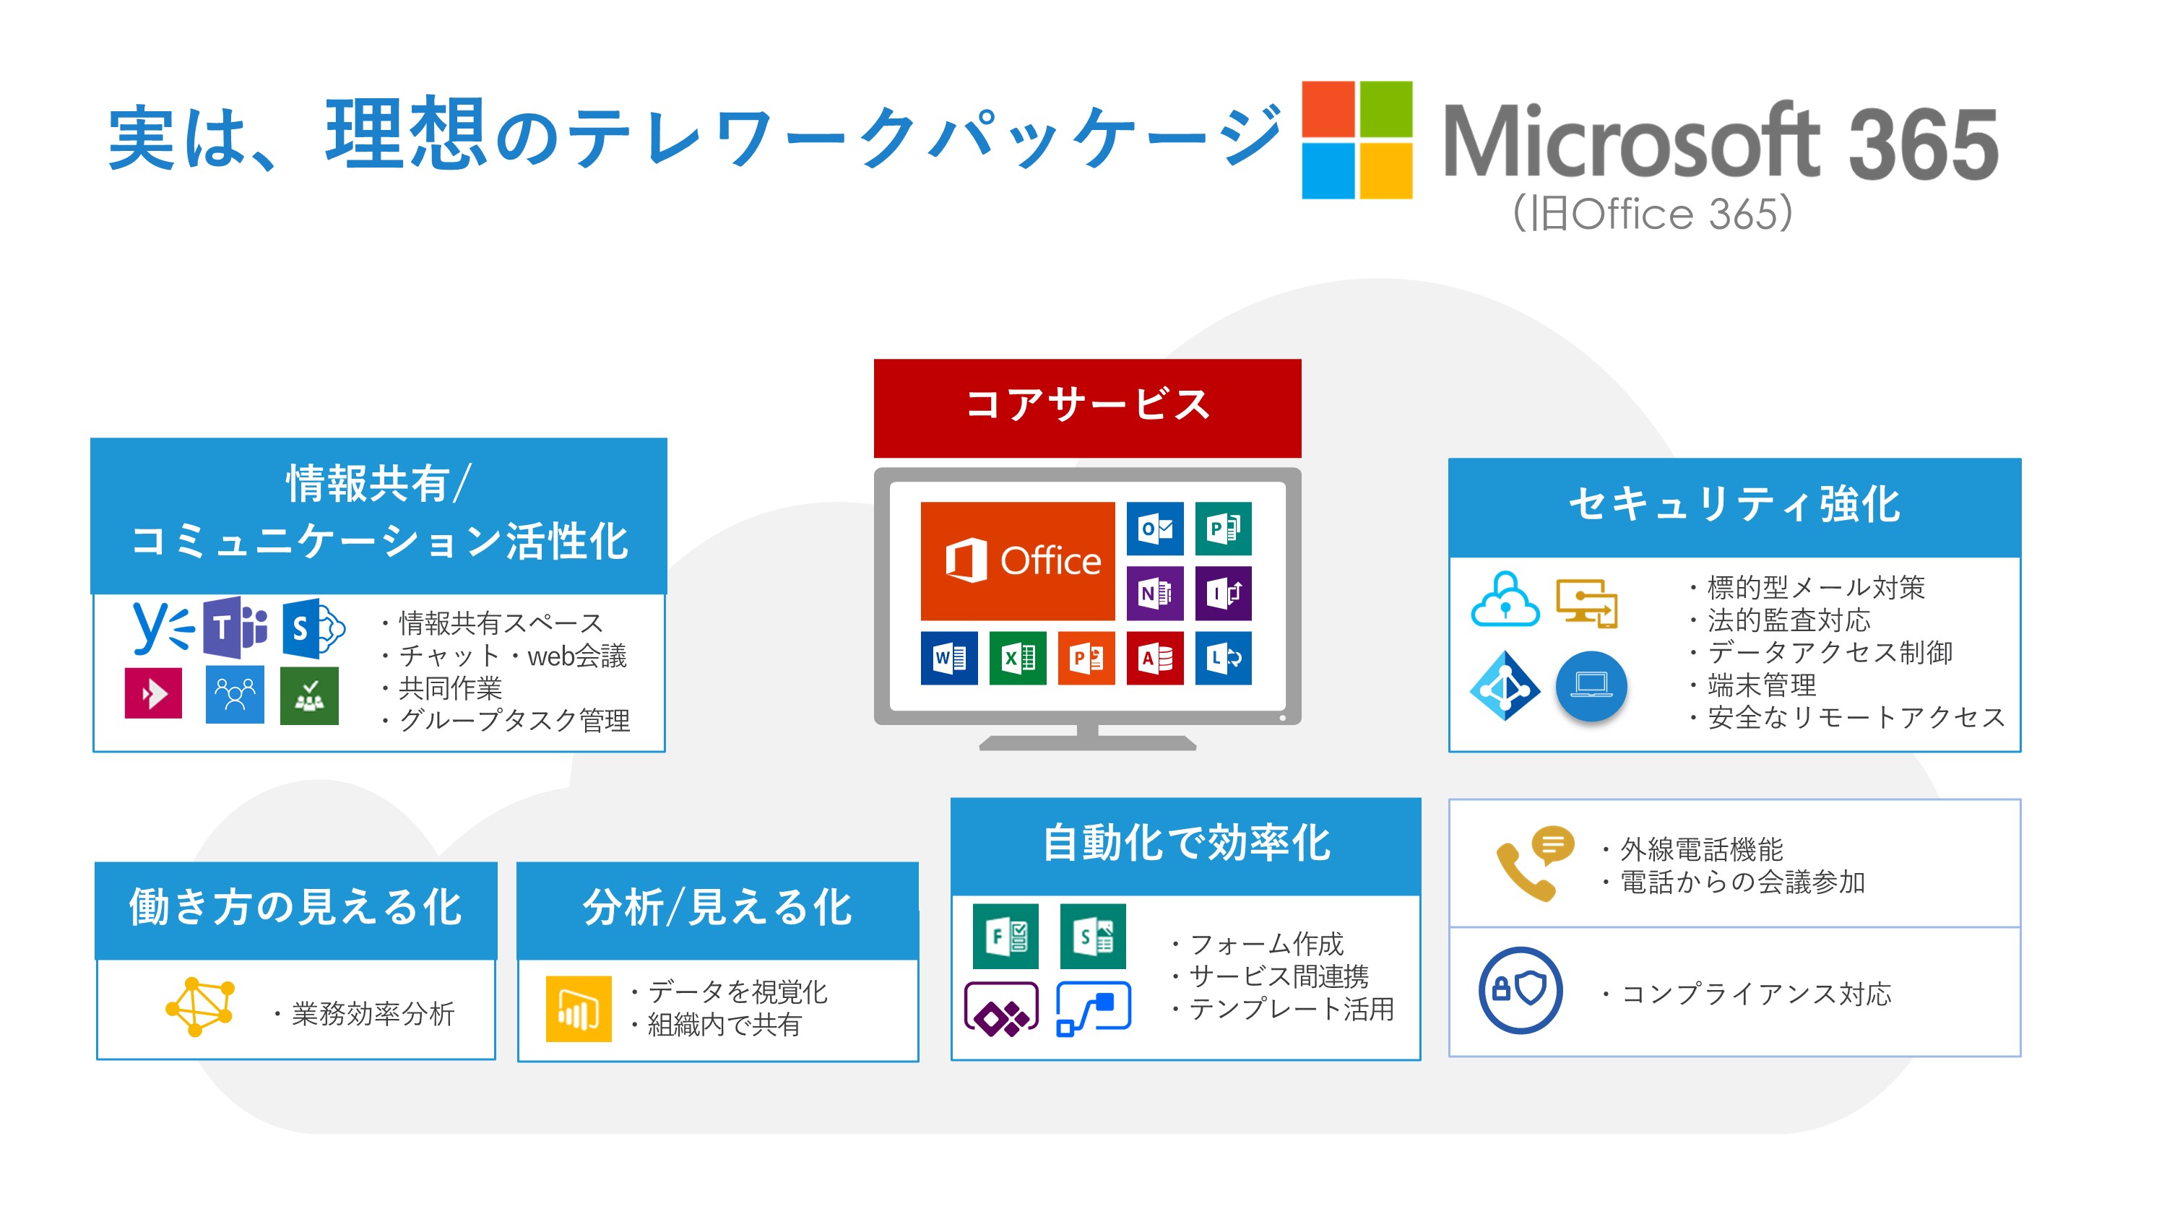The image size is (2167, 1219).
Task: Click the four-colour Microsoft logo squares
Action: coord(1357,139)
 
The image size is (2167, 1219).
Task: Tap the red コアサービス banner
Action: coord(1087,408)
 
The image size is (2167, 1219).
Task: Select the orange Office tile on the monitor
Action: coord(1017,560)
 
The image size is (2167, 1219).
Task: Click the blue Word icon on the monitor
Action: coord(949,658)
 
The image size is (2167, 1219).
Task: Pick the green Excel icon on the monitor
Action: coord(1018,658)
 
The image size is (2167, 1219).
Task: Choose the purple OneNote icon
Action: coord(1155,593)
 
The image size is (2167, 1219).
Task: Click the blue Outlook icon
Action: coord(1155,529)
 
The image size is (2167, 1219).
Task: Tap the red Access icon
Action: coord(1155,658)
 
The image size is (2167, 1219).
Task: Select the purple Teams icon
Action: coord(235,627)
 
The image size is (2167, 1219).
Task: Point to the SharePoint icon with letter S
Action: coord(313,628)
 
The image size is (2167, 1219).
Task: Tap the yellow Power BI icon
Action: coord(579,1009)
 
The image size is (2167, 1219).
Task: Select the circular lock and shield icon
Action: coord(1520,990)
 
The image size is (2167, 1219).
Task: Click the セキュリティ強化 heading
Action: coord(1734,505)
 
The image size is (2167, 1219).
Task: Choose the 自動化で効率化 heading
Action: coord(1186,843)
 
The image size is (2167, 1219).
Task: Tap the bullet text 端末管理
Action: coord(1762,685)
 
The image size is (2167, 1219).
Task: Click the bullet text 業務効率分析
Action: coord(373,1014)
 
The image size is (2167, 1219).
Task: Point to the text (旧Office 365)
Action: coord(1652,213)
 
